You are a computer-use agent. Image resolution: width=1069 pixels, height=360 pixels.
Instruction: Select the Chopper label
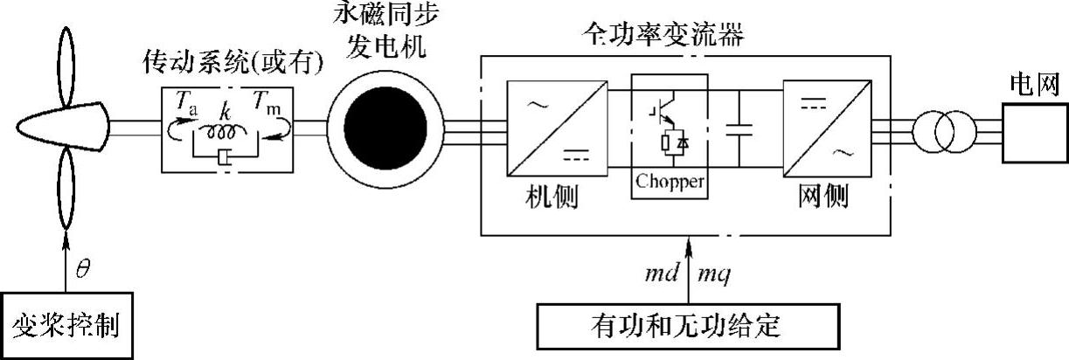pos(670,183)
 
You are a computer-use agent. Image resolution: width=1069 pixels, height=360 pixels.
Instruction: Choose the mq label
pos(714,274)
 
